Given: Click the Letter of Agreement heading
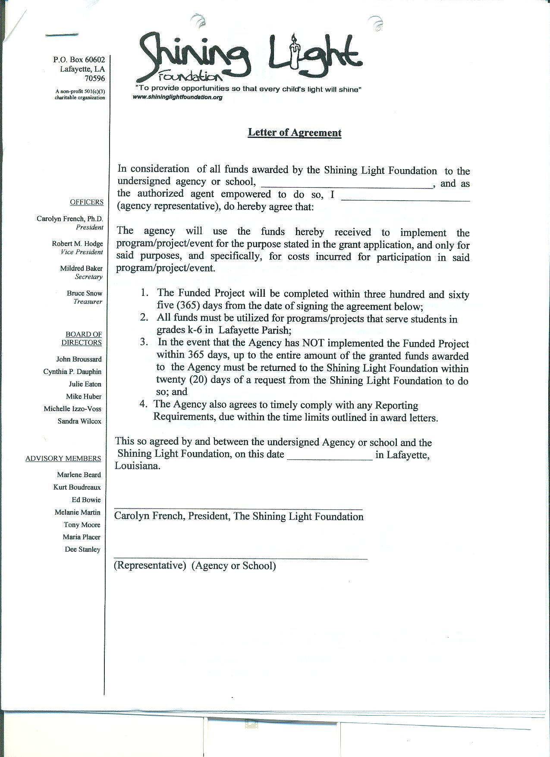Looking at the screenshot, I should point(294,132).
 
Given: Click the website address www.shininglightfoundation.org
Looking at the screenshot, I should point(178,97).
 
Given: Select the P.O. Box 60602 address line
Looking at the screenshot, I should point(79,60).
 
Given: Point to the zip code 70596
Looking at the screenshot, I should point(94,79).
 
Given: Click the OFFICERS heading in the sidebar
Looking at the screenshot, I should point(87,202).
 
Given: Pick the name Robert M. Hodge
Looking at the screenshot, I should point(78,244).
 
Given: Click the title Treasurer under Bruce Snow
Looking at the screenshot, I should point(88,302).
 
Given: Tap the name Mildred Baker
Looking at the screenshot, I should point(81,268).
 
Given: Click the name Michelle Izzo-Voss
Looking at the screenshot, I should point(72,408).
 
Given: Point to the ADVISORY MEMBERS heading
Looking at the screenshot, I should point(63,458).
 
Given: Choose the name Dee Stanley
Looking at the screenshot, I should point(82,549).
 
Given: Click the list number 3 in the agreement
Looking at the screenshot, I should point(144,342).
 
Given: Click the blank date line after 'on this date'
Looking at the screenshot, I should point(330,459).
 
